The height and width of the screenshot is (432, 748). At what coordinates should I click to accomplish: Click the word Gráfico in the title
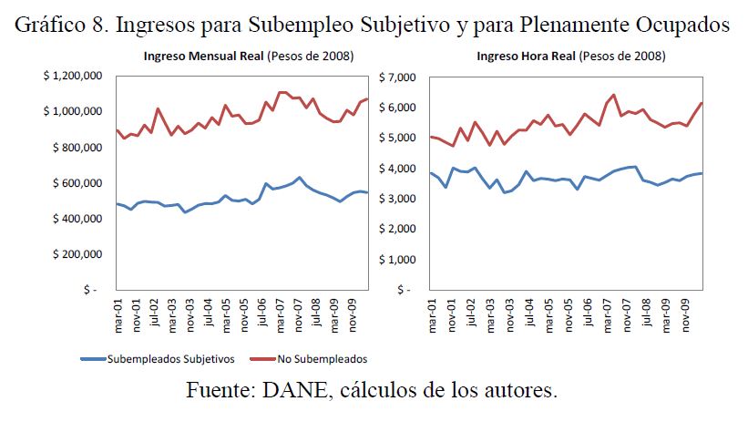(x=49, y=26)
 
